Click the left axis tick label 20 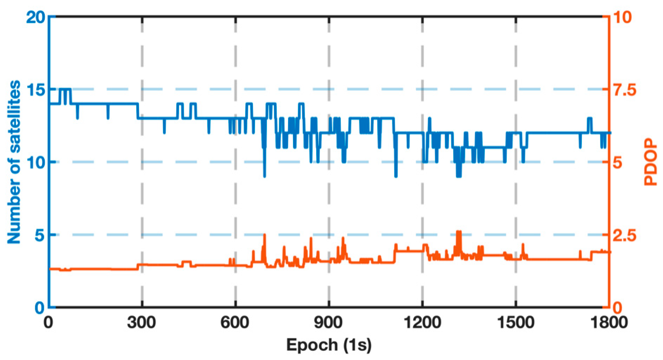(x=35, y=18)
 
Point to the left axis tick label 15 (x=35, y=90)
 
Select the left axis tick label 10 (x=35, y=163)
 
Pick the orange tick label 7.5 (x=624, y=90)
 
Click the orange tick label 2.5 (x=624, y=235)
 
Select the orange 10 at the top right (x=622, y=18)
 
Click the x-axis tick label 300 (x=142, y=323)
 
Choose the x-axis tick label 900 (x=329, y=323)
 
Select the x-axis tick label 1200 (x=422, y=323)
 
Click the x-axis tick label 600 (x=235, y=323)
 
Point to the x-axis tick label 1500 (x=515, y=323)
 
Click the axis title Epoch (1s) (x=329, y=345)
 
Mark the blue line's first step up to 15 (x=60, y=96)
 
